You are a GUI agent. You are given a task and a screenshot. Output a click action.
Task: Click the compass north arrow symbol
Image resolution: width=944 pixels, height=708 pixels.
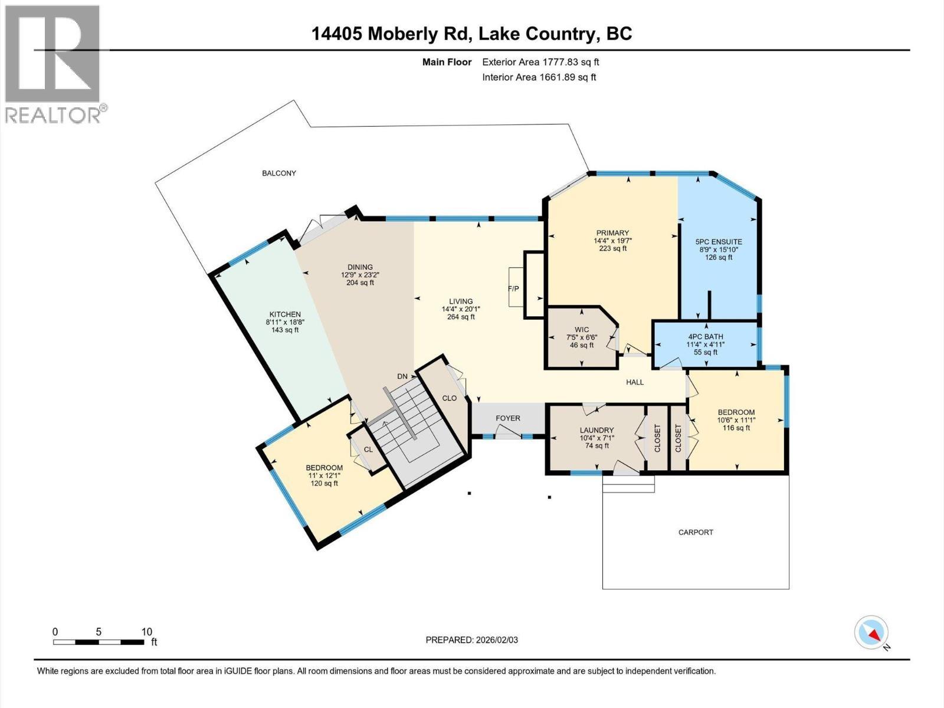point(871,633)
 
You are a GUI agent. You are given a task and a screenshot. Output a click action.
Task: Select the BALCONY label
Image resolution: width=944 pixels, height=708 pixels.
point(279,173)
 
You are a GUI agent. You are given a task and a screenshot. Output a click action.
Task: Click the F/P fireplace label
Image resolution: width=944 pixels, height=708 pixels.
point(513,289)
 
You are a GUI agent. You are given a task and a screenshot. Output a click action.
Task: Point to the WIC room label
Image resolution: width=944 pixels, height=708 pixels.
point(582,329)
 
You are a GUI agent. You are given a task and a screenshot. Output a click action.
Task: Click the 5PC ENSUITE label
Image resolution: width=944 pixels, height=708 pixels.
point(718,242)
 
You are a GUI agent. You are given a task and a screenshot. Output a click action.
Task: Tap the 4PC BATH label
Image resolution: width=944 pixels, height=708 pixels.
point(705,337)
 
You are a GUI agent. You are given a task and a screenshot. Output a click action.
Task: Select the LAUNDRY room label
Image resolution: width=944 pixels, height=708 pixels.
point(596,430)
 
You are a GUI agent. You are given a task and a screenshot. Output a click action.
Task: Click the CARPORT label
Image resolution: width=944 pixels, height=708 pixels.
point(696,532)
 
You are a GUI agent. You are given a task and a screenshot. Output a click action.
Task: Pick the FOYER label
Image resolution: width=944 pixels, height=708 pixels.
point(507,418)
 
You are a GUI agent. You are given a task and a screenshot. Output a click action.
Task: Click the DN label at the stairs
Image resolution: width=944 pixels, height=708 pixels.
point(402,376)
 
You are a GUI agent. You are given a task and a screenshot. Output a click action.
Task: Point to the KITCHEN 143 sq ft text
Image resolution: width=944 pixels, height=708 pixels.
point(285,330)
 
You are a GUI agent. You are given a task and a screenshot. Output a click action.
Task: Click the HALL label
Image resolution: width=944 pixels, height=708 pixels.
point(635,382)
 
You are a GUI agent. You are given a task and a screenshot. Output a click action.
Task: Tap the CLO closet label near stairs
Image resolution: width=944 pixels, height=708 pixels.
point(450,398)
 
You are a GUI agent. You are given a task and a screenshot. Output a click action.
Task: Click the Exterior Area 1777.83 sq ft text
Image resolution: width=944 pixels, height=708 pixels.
point(540,62)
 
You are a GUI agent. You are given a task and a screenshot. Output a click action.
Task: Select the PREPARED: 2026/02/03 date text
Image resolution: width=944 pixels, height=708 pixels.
point(471,640)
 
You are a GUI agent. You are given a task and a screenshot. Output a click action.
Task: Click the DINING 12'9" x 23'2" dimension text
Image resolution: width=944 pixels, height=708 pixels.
point(360,275)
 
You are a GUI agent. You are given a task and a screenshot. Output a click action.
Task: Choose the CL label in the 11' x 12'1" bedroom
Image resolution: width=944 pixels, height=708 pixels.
point(368,450)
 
